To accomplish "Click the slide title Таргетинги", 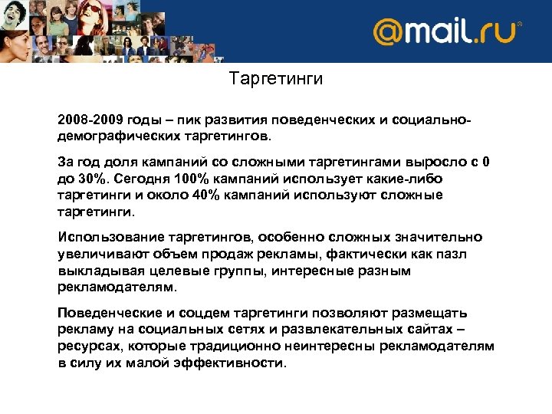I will tap(276, 79).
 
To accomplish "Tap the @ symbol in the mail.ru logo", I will tap(389, 32).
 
